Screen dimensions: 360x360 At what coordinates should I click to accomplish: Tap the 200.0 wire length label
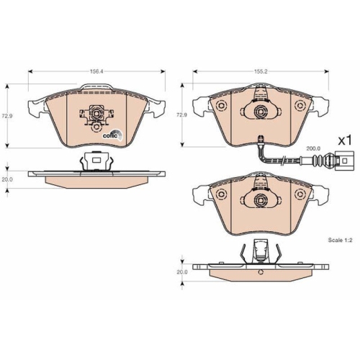click(x=312, y=148)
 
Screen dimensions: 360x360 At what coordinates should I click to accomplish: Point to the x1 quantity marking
click(x=343, y=140)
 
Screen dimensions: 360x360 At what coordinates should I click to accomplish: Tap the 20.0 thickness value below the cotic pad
click(x=8, y=180)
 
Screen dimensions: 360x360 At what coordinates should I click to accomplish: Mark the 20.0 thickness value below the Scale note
click(x=181, y=272)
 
